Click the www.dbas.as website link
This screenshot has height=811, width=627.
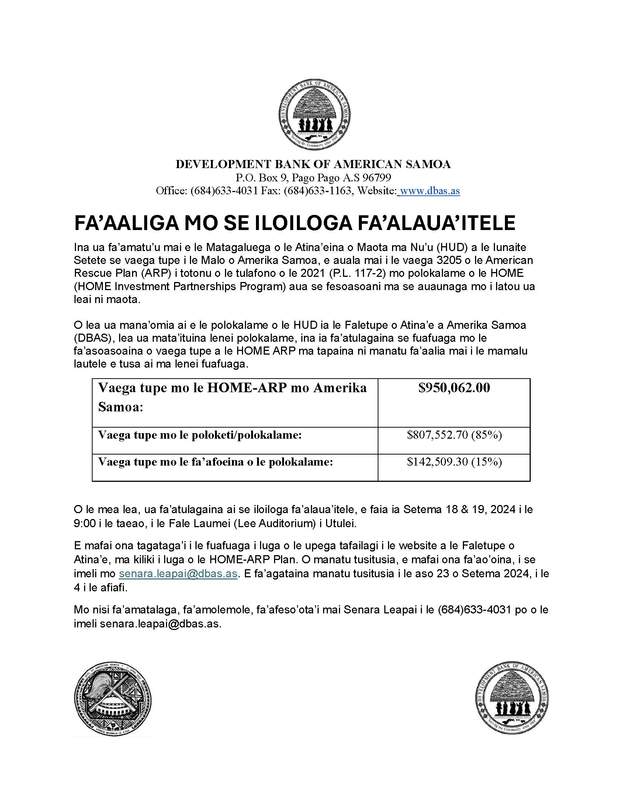[430, 191]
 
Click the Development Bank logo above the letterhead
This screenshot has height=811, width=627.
[314, 114]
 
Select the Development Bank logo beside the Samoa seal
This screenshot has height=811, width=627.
[512, 697]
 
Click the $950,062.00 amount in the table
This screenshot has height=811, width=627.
[454, 388]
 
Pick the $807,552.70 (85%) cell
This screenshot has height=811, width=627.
[454, 435]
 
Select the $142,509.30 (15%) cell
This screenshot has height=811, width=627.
[454, 462]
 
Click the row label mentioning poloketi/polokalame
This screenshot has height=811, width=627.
[200, 435]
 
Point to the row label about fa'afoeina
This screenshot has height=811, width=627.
[215, 462]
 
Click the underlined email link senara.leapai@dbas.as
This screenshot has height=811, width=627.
[178, 574]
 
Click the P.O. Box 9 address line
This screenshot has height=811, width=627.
[313, 178]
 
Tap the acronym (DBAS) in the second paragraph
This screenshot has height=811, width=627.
[93, 338]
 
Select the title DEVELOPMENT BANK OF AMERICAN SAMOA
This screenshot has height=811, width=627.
[313, 164]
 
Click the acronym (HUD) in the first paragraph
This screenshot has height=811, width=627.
[453, 247]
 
